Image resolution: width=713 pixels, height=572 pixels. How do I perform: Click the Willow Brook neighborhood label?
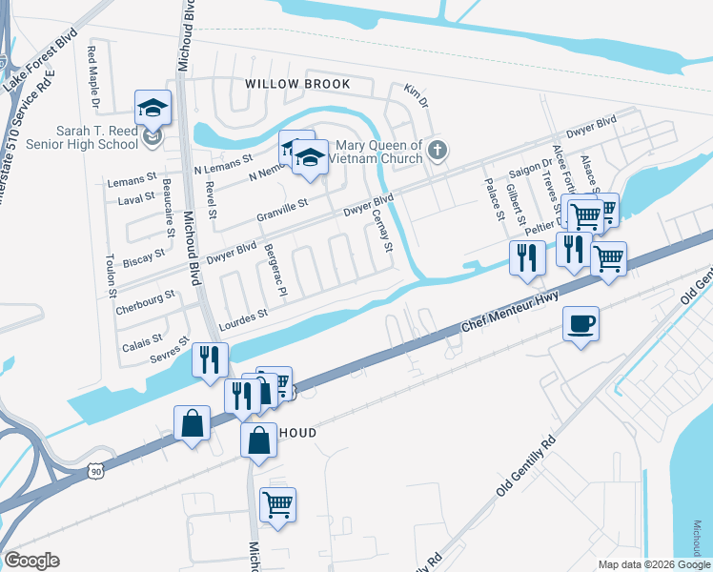(x=297, y=84)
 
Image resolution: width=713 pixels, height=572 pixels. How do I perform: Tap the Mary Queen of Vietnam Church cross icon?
(x=438, y=150)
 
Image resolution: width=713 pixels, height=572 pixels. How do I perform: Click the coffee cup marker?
(x=581, y=324)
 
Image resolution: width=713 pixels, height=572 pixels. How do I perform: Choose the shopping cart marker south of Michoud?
(x=277, y=503)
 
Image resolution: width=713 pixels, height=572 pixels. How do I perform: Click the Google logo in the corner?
(x=32, y=561)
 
